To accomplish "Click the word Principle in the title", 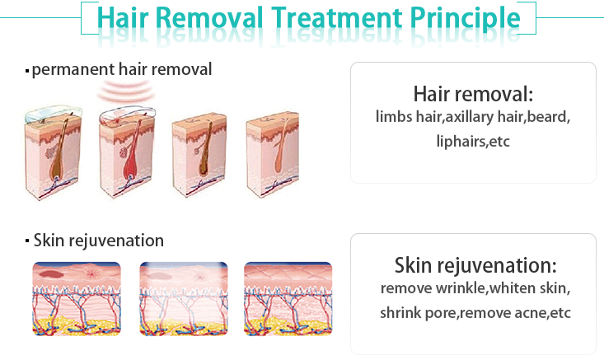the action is (465, 18).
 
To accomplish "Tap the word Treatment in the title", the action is (337, 17).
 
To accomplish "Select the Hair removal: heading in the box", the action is (473, 94).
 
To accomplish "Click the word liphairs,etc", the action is (473, 142).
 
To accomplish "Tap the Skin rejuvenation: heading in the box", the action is (475, 265).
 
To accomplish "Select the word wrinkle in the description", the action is (460, 288).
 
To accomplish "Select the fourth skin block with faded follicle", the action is (273, 154).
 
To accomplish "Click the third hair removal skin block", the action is (199, 155).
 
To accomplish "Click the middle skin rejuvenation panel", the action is (184, 299).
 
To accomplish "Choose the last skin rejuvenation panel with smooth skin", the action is (288, 299).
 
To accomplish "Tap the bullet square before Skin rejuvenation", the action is (27, 241).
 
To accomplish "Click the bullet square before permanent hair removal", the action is (27, 71).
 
